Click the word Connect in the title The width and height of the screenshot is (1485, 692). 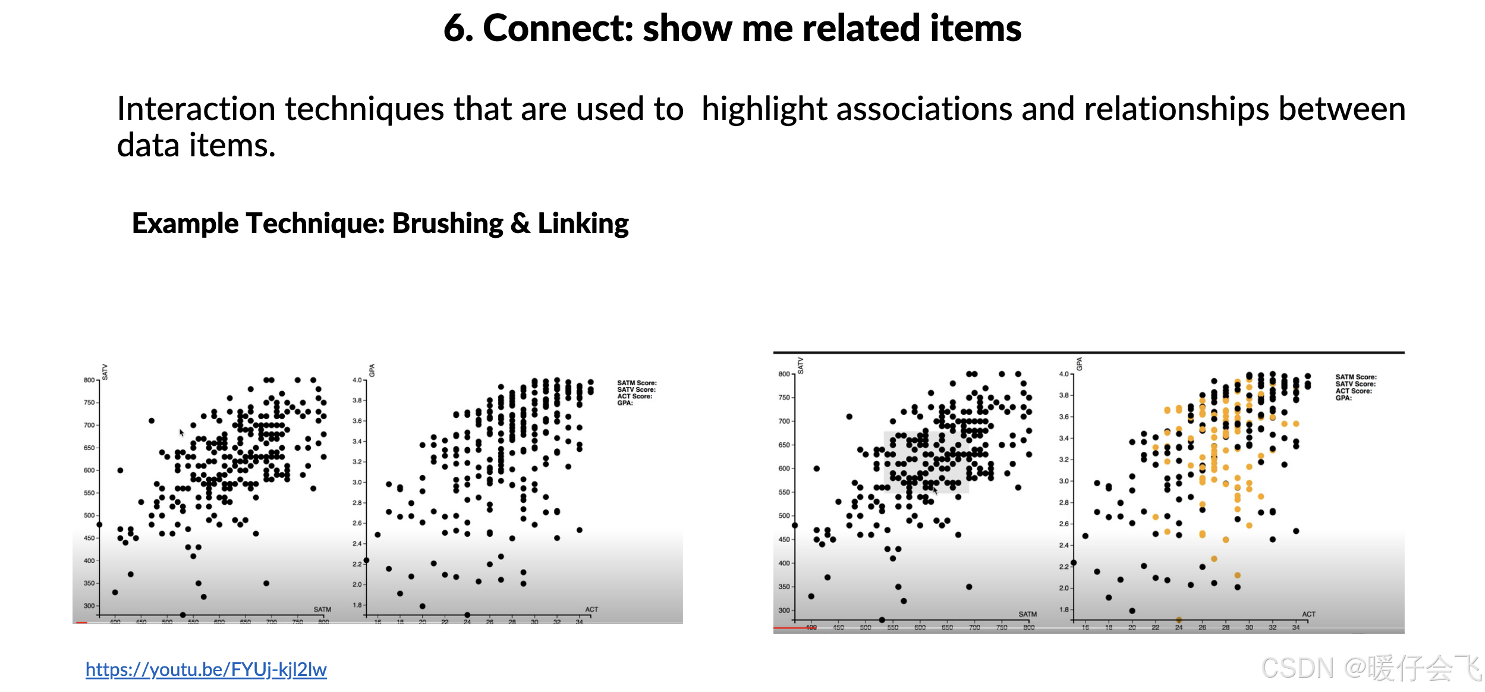[x=558, y=28]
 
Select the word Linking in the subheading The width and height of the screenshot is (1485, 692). [x=583, y=224]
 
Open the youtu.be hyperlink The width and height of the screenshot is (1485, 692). [x=206, y=669]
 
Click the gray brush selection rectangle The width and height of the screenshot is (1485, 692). [x=926, y=462]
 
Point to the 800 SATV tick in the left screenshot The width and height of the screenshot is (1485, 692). [x=89, y=380]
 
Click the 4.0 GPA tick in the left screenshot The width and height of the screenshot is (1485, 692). [x=357, y=380]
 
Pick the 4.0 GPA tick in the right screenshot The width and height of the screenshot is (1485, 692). [x=1064, y=374]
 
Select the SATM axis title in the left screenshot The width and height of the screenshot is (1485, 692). [x=322, y=609]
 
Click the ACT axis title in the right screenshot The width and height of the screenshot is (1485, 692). [x=1308, y=614]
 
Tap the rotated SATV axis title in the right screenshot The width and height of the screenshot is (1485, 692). [x=800, y=365]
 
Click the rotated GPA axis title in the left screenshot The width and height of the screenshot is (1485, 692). [x=372, y=370]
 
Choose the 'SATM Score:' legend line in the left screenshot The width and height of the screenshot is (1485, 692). [x=637, y=383]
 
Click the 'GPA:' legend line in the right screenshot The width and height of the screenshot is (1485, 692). [x=1344, y=398]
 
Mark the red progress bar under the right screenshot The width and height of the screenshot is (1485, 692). [x=791, y=627]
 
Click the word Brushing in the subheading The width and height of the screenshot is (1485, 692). [x=448, y=224]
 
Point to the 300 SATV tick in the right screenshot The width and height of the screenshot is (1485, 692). [x=784, y=611]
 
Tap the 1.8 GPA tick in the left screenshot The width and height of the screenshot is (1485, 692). [x=357, y=605]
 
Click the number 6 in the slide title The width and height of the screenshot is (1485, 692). [x=454, y=28]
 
